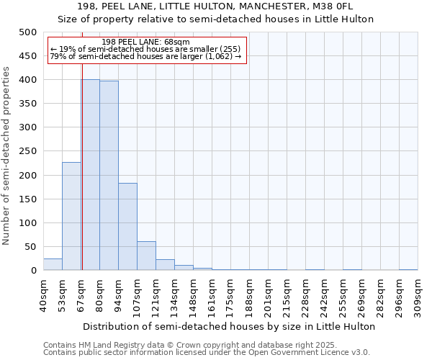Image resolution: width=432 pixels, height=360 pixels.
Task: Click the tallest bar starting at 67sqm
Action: coord(90,175)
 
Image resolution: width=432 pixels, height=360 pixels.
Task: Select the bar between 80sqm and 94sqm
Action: coord(109,176)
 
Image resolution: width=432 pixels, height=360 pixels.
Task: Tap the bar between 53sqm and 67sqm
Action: coord(71,216)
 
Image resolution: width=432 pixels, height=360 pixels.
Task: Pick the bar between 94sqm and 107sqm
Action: coord(127,227)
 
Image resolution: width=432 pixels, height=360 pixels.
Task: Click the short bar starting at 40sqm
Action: coord(53,264)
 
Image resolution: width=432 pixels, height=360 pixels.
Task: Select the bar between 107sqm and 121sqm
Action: coord(146,256)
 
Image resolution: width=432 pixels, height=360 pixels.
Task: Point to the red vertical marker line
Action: coord(82,144)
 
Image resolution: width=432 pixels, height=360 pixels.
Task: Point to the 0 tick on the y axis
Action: coord(33,271)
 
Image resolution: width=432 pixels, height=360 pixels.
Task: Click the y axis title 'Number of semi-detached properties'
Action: coord(6,155)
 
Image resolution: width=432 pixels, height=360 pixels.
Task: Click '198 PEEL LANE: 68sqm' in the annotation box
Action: coord(146,42)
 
